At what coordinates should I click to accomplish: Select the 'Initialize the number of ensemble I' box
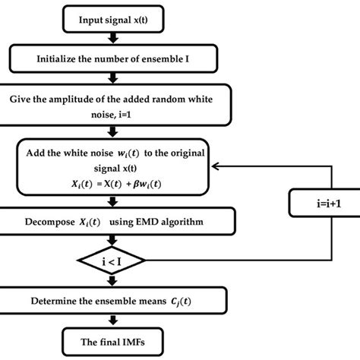coord(112,57)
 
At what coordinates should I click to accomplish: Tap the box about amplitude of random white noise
coord(112,105)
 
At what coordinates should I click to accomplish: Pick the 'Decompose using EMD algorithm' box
coord(112,222)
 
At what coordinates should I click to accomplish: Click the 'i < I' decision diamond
coord(112,261)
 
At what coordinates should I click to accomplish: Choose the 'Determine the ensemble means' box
coord(112,299)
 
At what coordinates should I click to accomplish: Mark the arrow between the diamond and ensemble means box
coord(112,280)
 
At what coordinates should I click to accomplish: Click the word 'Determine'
coord(54,299)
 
